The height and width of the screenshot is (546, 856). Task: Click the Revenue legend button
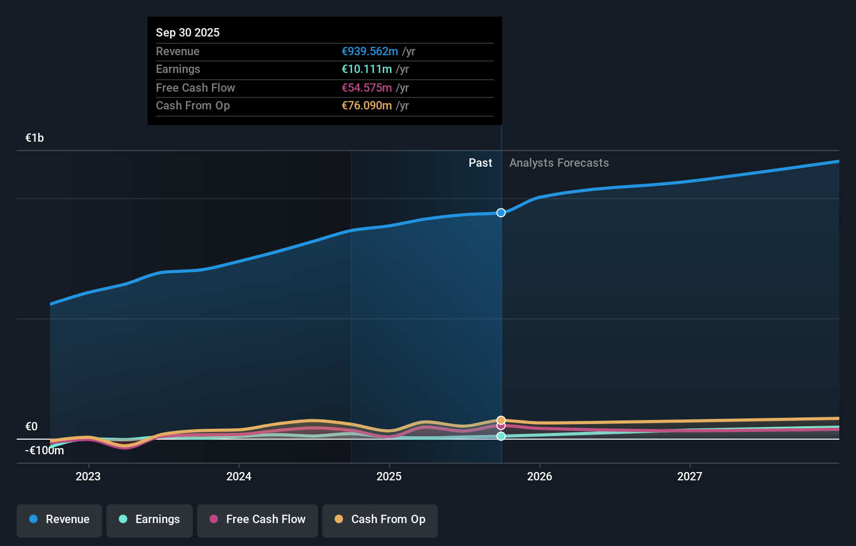(x=59, y=519)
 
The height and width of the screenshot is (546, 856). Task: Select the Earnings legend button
(x=150, y=519)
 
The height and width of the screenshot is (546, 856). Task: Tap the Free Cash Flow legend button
(x=258, y=519)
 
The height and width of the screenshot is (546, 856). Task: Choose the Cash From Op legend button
(x=380, y=519)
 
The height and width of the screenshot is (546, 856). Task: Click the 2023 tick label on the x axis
(x=88, y=476)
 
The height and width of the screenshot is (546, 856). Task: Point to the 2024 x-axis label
(x=239, y=476)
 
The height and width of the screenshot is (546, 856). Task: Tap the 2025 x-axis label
(x=389, y=476)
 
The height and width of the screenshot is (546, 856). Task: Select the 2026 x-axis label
(x=540, y=476)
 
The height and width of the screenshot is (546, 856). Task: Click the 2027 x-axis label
(x=690, y=476)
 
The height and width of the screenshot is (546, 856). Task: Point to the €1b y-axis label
(x=35, y=138)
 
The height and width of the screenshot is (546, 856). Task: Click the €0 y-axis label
(x=32, y=427)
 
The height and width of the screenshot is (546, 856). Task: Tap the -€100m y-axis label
(x=45, y=451)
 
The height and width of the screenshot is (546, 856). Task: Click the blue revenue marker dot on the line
(x=501, y=213)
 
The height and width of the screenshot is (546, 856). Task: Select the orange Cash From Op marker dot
(x=501, y=420)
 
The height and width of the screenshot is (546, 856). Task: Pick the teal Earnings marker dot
(x=501, y=436)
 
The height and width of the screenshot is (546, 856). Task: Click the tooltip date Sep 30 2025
(x=188, y=32)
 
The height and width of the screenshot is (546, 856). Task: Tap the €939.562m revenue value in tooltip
(x=370, y=51)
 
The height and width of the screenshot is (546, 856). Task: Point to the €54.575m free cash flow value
(x=366, y=88)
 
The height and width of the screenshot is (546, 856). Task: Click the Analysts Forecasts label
(x=559, y=163)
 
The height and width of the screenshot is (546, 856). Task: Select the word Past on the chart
(x=480, y=163)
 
